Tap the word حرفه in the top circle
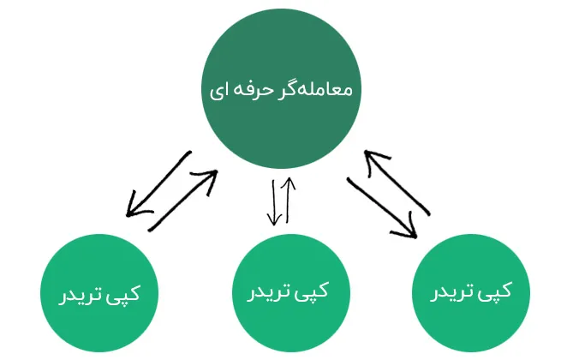[x=248, y=90]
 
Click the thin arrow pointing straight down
[x=274, y=203]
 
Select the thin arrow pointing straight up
[x=289, y=200]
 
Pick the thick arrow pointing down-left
[x=158, y=183]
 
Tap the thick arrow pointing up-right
[x=183, y=201]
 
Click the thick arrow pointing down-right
[x=382, y=208]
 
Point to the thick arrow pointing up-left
[x=397, y=183]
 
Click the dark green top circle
[x=281, y=88]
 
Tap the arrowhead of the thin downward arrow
[x=275, y=219]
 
